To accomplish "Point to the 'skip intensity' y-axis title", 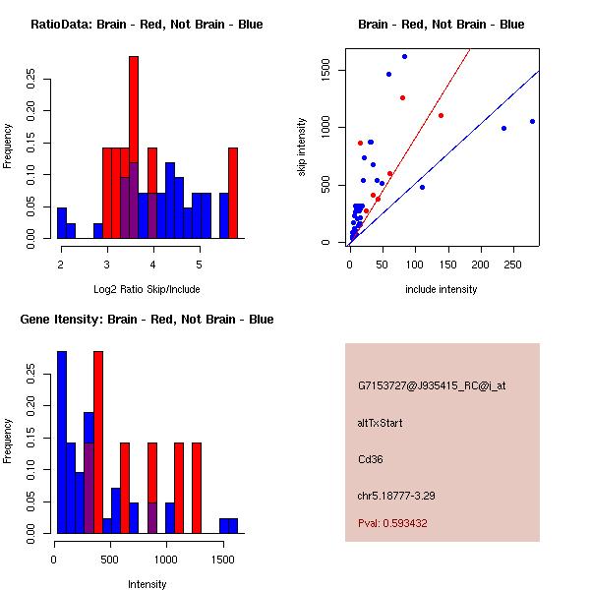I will [303, 147].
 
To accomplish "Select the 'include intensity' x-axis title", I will [442, 289].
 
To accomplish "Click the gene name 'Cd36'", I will [370, 459].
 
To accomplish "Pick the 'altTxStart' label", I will [380, 423].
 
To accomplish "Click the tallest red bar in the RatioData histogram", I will [134, 147].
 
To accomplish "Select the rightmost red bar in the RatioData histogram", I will [233, 193].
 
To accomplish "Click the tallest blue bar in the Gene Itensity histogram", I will [62, 442].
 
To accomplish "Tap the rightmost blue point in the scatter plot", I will [532, 121].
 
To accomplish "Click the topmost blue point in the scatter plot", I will [404, 56].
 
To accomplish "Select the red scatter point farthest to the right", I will [441, 115].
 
